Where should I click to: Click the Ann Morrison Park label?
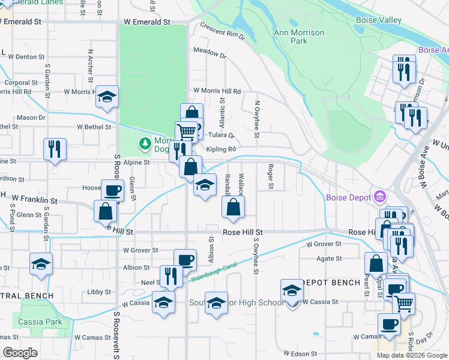click(x=298, y=37)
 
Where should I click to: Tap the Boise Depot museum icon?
click(x=379, y=196)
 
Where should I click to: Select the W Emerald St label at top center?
click(x=148, y=22)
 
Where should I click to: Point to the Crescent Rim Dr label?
click(x=223, y=32)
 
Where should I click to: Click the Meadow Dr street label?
click(x=209, y=53)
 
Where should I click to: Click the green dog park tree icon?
click(x=145, y=143)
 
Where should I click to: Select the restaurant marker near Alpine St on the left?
click(x=55, y=149)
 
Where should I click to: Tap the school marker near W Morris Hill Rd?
click(x=107, y=97)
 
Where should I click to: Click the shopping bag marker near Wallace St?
click(x=234, y=208)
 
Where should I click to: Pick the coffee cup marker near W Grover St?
click(x=185, y=260)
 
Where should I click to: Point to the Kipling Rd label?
click(x=221, y=149)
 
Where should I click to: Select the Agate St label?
click(x=330, y=259)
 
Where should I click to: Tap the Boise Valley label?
click(x=378, y=20)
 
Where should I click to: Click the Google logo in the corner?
click(x=20, y=352)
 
